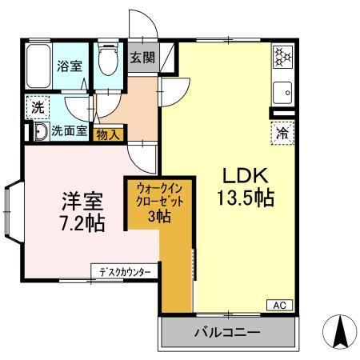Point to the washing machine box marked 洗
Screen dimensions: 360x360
pyautogui.click(x=37, y=106)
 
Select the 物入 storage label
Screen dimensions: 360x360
pyautogui.click(x=107, y=134)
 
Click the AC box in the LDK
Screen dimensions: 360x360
pyautogui.click(x=281, y=305)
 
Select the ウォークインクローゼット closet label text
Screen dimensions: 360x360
pyautogui.click(x=159, y=196)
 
